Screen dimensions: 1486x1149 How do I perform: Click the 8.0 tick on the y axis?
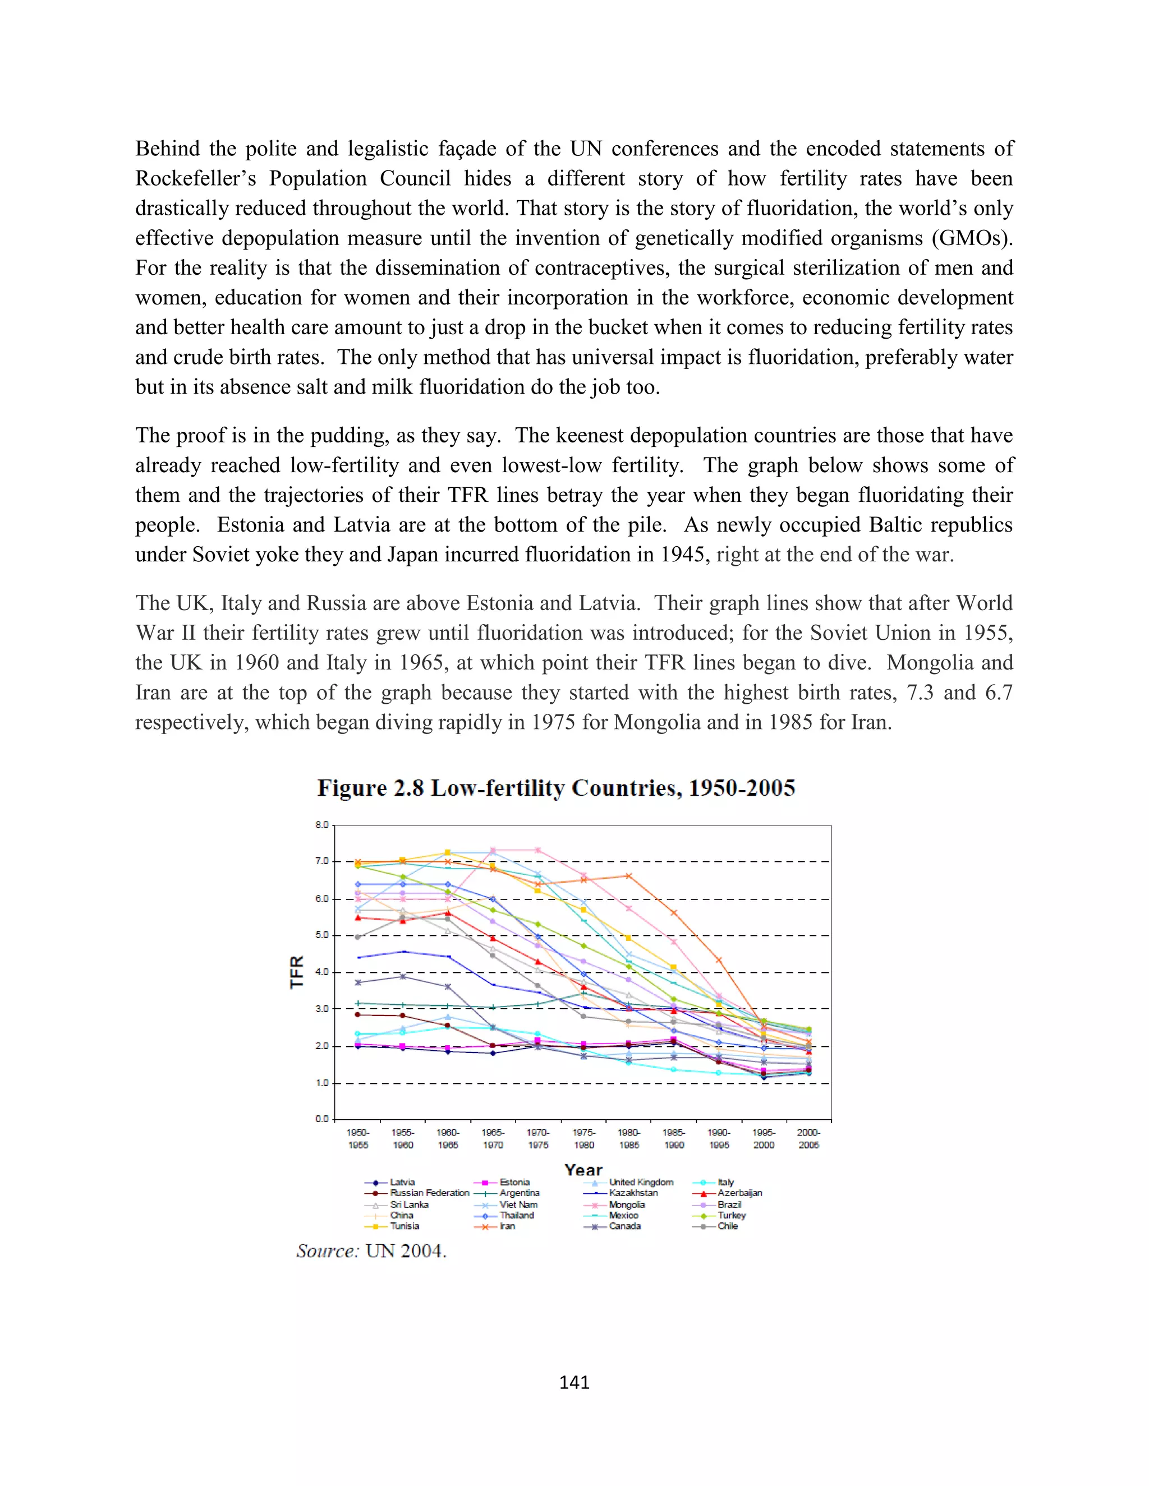321,825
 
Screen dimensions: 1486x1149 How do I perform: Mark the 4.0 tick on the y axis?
321,972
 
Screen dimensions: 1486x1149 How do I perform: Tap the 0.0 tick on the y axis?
321,1119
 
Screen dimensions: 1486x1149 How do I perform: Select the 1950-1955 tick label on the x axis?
358,1138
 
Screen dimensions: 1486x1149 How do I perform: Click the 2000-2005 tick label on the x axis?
808,1138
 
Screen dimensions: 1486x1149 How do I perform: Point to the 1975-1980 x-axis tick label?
583,1138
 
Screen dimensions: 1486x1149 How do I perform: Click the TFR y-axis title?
297,972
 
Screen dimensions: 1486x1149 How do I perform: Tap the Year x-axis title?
583,1170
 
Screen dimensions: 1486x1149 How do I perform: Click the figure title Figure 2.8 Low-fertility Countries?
555,788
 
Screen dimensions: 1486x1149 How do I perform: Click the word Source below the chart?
327,1250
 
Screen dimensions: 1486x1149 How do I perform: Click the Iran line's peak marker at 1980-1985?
628,876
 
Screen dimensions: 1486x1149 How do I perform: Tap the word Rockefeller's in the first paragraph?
195,178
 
